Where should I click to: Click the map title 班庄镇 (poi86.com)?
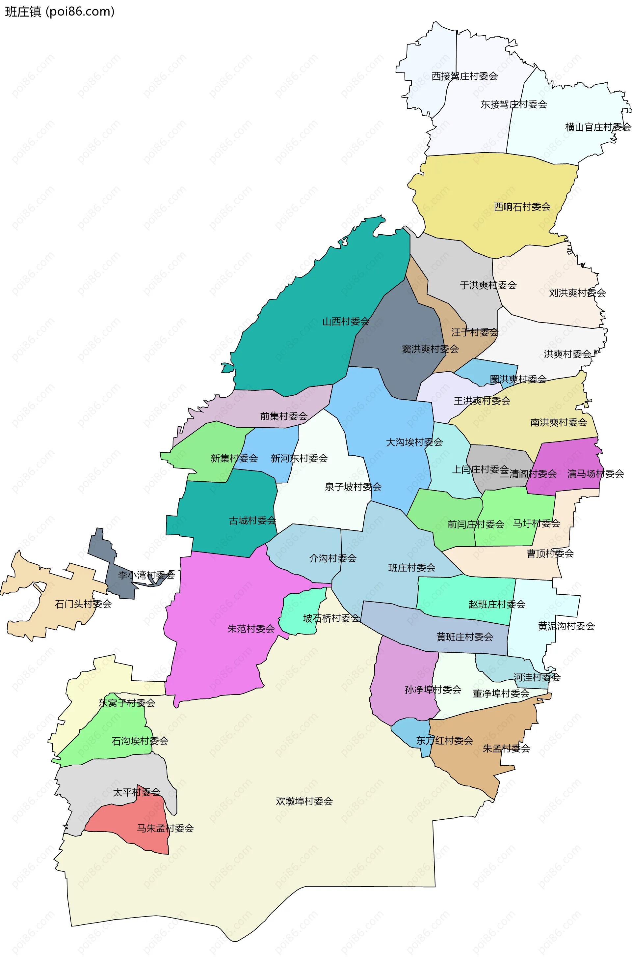60,12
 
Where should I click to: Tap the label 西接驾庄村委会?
464,76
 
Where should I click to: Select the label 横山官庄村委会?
598,127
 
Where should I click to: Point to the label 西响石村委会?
522,207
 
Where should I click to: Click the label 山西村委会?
345,322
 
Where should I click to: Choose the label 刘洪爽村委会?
577,293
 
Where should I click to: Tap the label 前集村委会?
283,416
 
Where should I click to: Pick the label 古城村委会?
252,521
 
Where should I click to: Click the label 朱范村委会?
251,629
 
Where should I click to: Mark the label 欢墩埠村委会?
304,801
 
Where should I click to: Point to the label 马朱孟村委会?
165,828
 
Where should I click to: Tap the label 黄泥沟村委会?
566,626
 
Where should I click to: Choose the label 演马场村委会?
595,474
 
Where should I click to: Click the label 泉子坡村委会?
353,487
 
